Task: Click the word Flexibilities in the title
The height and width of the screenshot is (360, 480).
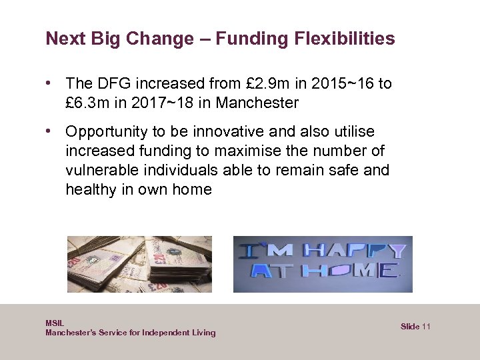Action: pyautogui.click(x=347, y=39)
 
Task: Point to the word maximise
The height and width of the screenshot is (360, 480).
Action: pyautogui.click(x=264, y=151)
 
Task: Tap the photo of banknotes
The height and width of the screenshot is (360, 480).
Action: pyautogui.click(x=139, y=264)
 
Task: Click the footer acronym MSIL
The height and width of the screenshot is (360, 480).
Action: pyautogui.click(x=55, y=323)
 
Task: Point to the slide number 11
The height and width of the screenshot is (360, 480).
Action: pyautogui.click(x=427, y=326)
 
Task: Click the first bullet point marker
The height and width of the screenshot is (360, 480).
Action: pyautogui.click(x=50, y=83)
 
